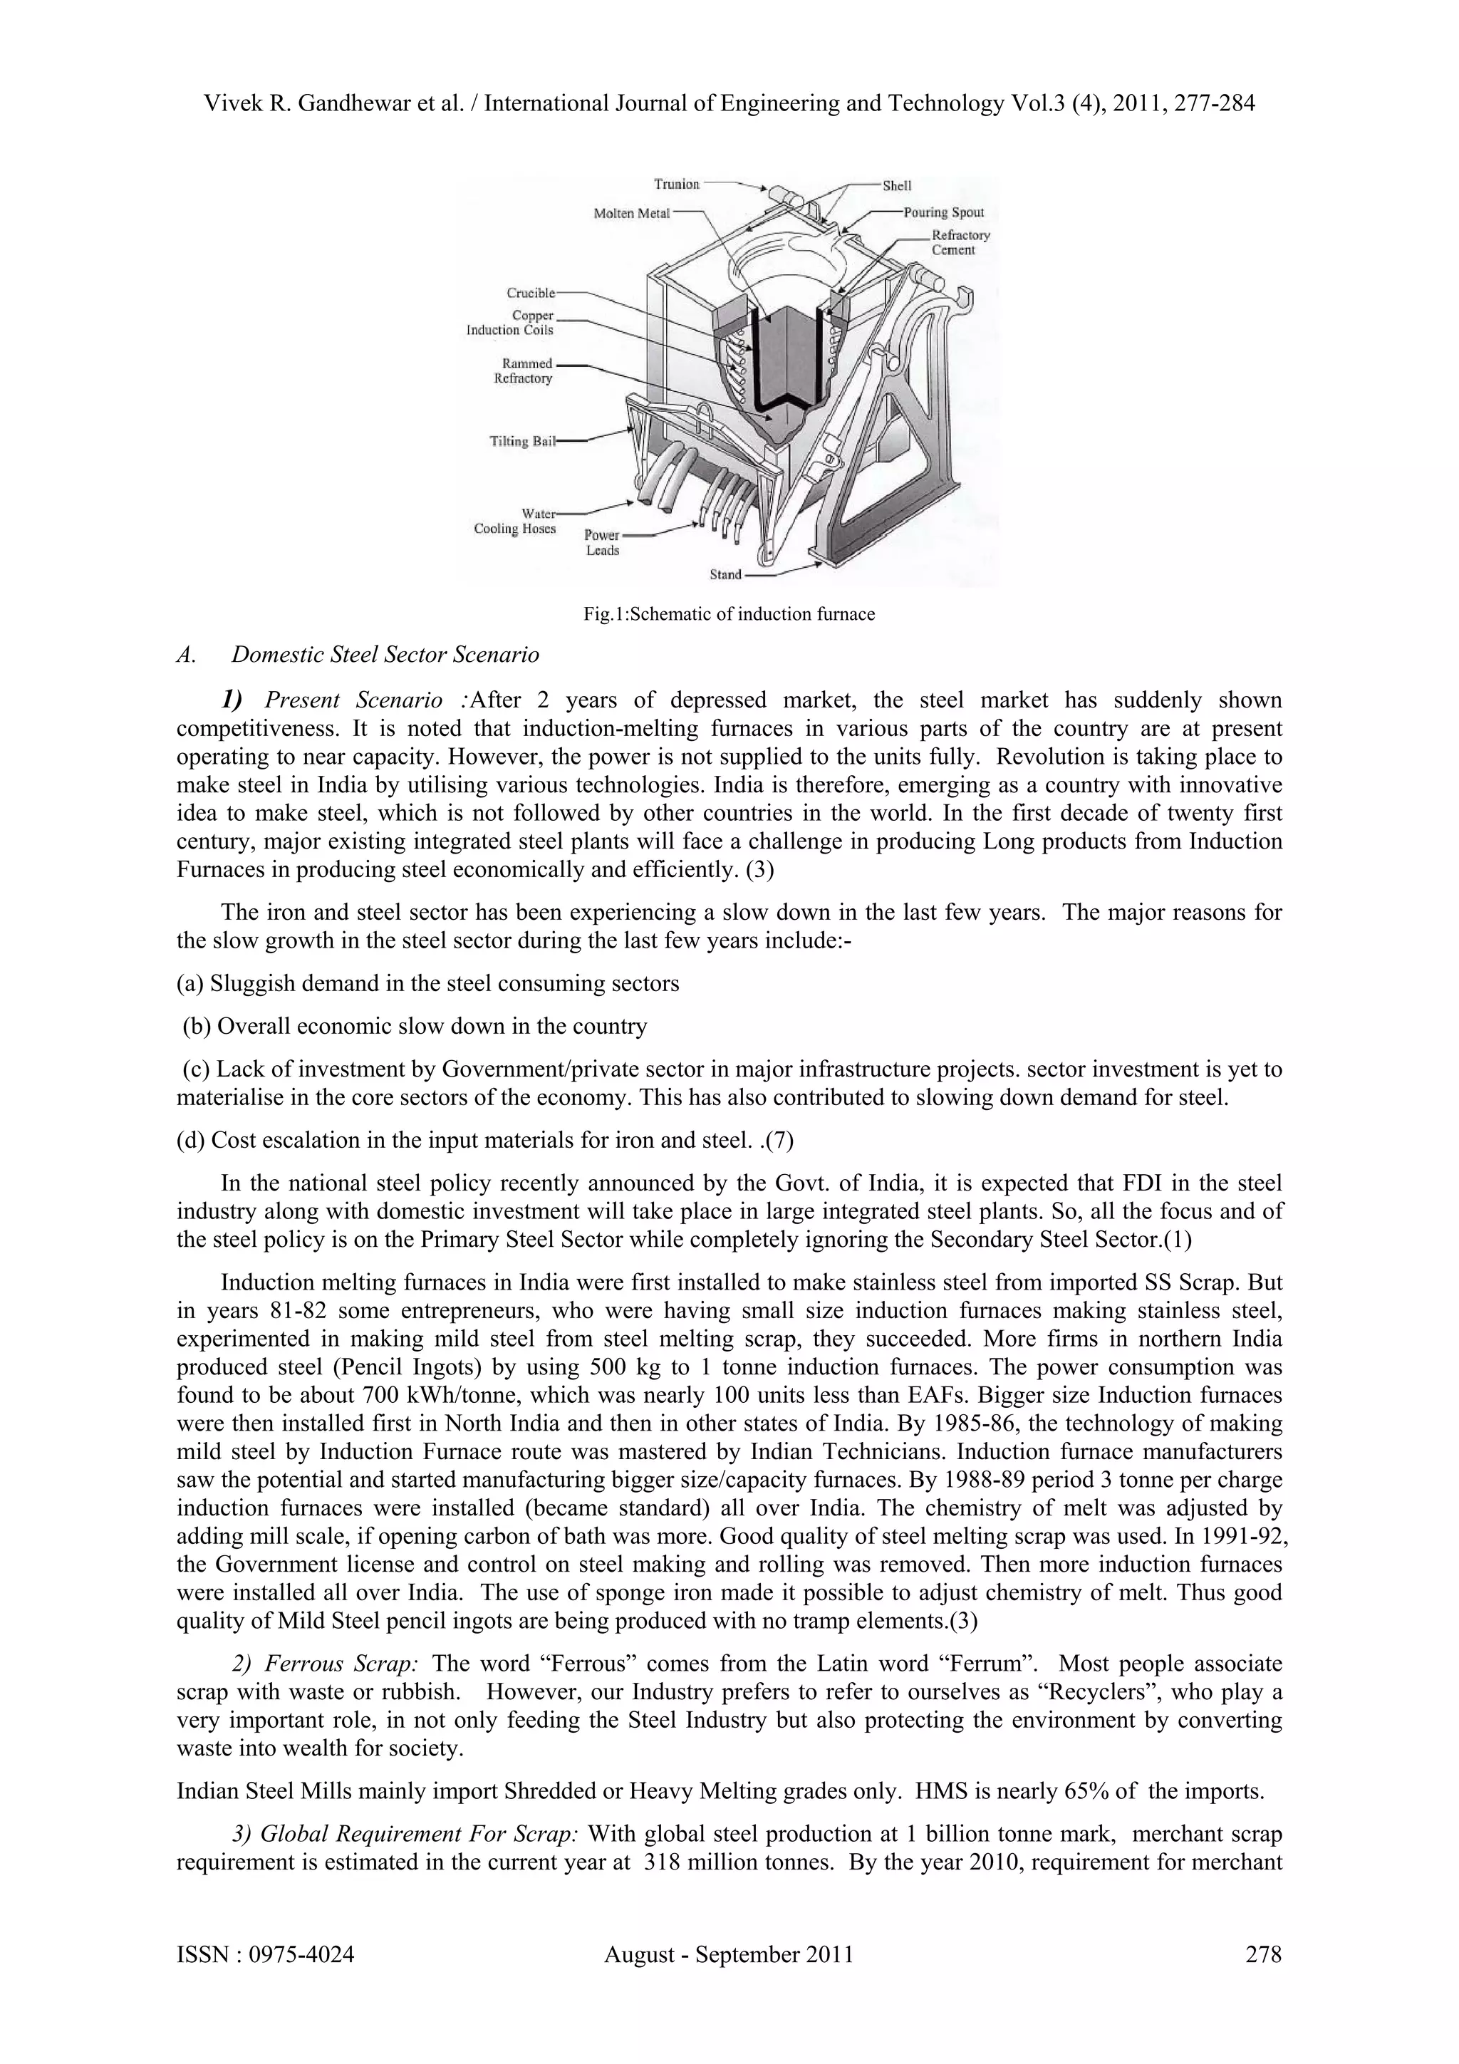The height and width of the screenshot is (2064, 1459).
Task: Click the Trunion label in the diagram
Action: (x=676, y=185)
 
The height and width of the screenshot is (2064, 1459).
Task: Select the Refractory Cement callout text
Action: (x=960, y=243)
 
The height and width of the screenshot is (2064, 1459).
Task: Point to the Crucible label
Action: (x=530, y=293)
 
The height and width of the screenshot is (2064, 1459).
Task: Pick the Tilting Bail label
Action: (x=522, y=442)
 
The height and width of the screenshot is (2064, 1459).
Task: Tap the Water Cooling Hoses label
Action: (x=515, y=522)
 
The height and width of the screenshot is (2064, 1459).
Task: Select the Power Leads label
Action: (x=602, y=543)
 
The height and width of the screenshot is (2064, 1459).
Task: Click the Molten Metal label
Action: (x=632, y=213)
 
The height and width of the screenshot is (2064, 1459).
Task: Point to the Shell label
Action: (x=896, y=186)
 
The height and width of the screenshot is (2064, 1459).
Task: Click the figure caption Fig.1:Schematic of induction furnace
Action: (x=729, y=615)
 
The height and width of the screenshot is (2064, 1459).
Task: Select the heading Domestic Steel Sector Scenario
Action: (x=385, y=655)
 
